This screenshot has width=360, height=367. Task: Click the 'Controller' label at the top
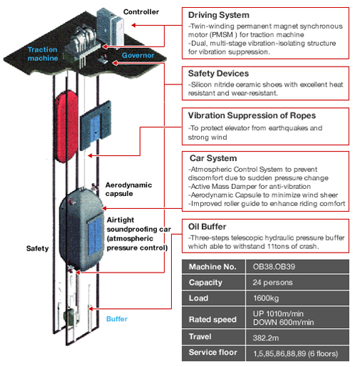pyautogui.click(x=141, y=11)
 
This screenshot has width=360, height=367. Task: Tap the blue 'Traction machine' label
pyautogui.click(x=43, y=54)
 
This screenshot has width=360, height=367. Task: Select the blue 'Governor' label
pyautogui.click(x=138, y=55)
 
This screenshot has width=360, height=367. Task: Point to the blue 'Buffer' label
pyautogui.click(x=117, y=319)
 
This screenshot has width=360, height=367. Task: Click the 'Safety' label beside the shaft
pyautogui.click(x=37, y=248)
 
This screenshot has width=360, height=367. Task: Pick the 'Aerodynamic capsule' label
pyautogui.click(x=129, y=189)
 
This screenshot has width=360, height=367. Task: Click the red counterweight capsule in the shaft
pyautogui.click(x=67, y=127)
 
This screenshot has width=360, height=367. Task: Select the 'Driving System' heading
pyautogui.click(x=219, y=15)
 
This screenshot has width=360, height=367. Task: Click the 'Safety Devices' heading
pyautogui.click(x=218, y=74)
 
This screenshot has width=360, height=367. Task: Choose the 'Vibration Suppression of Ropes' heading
pyautogui.click(x=252, y=115)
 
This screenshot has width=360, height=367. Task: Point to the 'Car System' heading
pyautogui.click(x=213, y=158)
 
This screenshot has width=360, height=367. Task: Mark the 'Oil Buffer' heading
pyautogui.click(x=207, y=227)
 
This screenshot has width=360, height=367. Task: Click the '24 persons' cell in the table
pyautogui.click(x=273, y=283)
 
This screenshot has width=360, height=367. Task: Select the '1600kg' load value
pyautogui.click(x=266, y=298)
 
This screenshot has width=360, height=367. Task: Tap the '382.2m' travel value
pyautogui.click(x=266, y=338)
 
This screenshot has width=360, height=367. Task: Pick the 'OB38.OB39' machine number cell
pyautogui.click(x=274, y=266)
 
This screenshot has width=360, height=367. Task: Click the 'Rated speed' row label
pyautogui.click(x=213, y=319)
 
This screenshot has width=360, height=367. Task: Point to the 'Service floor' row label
pyautogui.click(x=213, y=352)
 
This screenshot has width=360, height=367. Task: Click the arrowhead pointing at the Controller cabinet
pyautogui.click(x=134, y=25)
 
